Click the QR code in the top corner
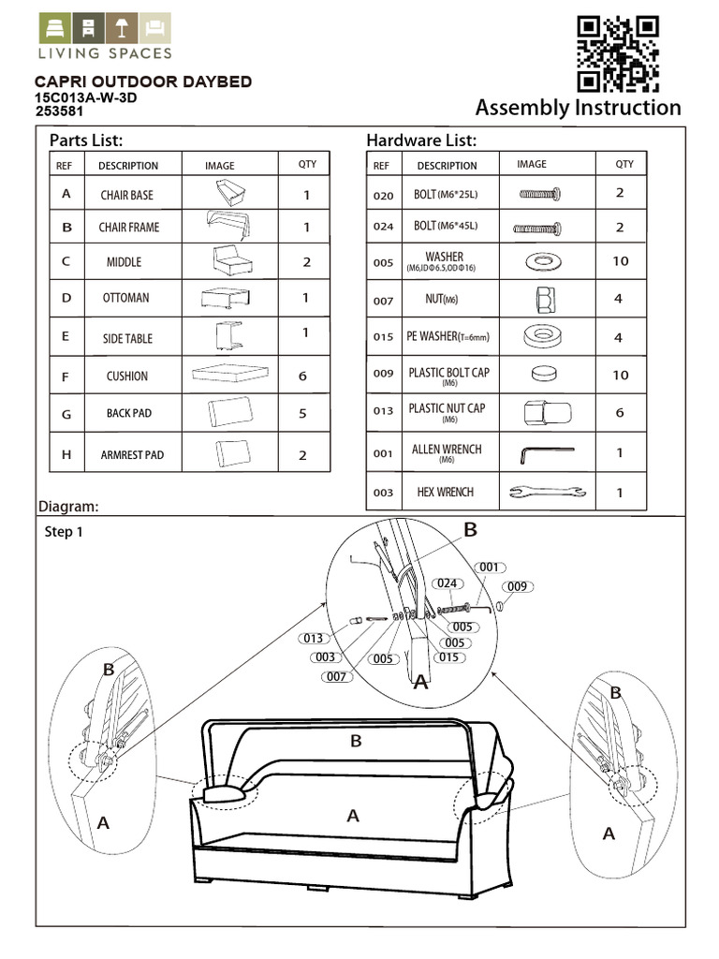click(618, 52)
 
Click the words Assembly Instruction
click(578, 107)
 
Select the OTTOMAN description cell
click(125, 298)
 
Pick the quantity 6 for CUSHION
click(302, 376)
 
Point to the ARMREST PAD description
click(132, 454)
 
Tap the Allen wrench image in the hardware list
click(545, 453)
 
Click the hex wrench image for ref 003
click(545, 491)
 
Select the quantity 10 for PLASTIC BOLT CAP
click(620, 375)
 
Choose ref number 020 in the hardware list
click(383, 195)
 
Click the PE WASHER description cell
click(448, 337)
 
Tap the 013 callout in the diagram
click(314, 639)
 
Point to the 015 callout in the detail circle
click(451, 657)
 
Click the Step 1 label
click(65, 531)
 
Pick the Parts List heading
click(86, 140)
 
